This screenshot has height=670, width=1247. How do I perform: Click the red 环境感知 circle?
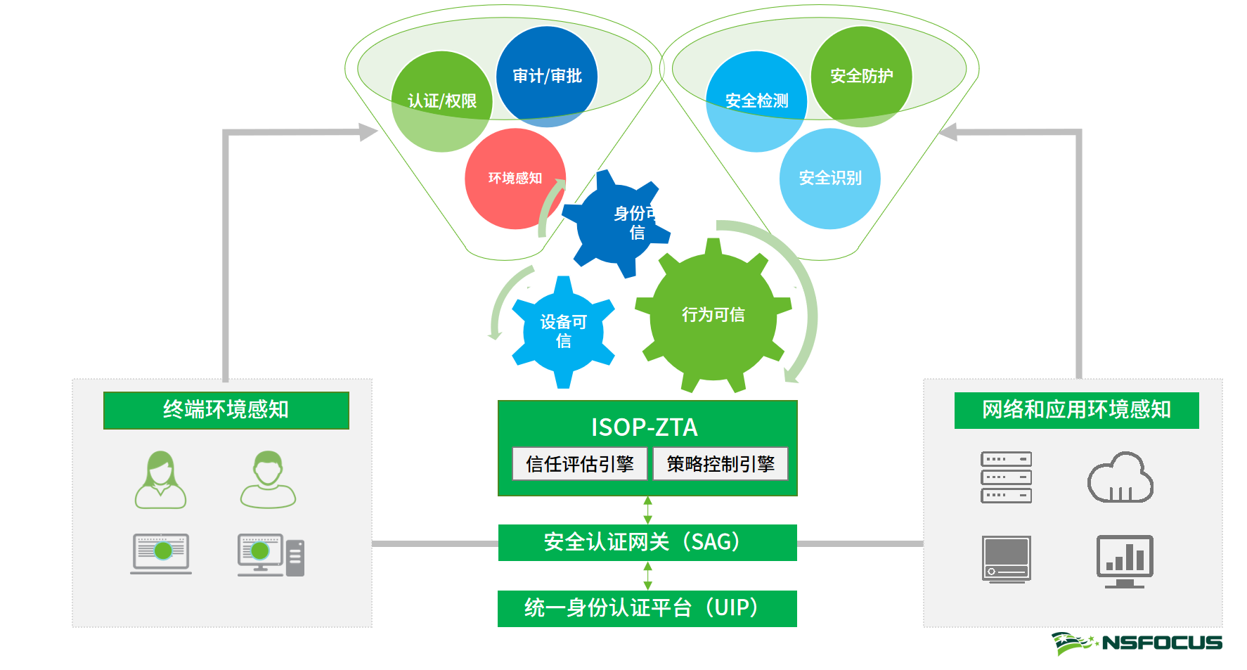point(515,179)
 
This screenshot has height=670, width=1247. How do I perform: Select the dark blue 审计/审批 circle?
point(547,76)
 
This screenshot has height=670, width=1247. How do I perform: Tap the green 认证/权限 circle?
point(441,101)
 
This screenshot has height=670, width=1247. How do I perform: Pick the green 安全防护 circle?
point(861,76)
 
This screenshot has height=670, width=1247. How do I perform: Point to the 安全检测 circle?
point(756,101)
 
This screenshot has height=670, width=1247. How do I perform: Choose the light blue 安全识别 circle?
point(829,179)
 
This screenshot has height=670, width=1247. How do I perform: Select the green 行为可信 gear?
point(713,315)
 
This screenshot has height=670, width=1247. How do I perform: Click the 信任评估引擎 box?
point(579,464)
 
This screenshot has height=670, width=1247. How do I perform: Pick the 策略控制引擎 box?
point(720,464)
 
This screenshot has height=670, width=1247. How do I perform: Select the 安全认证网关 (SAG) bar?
point(647,542)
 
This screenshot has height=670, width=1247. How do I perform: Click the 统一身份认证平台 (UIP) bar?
point(647,608)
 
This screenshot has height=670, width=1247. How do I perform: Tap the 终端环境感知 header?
point(226,410)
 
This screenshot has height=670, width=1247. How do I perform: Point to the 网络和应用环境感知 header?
point(1076,410)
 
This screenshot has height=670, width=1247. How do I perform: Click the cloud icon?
point(1120,478)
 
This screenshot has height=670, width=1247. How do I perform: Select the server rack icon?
point(1006,477)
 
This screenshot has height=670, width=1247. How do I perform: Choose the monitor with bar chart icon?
point(1125,560)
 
